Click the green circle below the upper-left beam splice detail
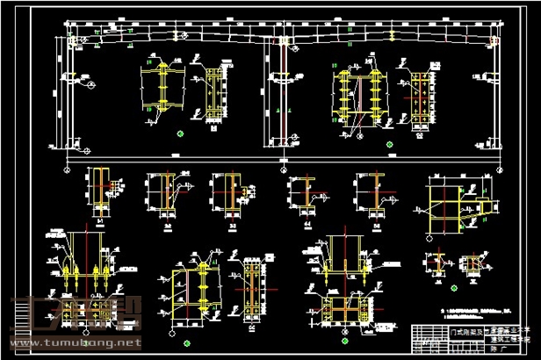tap(179, 133)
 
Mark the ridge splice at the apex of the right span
tap(387, 37)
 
